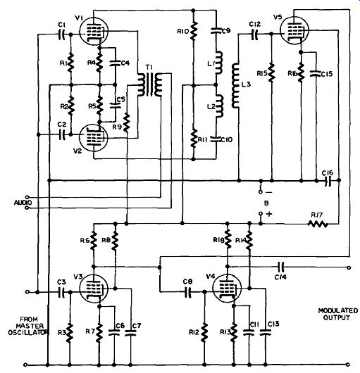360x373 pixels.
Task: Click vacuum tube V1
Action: [94, 32]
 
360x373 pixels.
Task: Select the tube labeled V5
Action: [294, 30]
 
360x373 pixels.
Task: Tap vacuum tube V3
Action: [93, 289]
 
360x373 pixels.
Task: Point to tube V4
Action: [227, 289]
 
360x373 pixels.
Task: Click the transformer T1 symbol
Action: [150, 84]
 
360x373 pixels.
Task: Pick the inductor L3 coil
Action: [235, 86]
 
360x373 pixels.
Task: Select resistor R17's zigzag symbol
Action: [318, 224]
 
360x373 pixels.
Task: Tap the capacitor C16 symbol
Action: [328, 181]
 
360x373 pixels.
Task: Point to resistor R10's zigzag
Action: [193, 31]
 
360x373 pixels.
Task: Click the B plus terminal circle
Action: [261, 214]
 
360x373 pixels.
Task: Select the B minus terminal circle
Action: [261, 191]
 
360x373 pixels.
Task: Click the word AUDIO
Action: [23, 203]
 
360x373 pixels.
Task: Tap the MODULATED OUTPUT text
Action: [338, 314]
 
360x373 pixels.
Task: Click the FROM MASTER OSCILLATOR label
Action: [28, 326]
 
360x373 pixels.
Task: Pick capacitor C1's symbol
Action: [61, 34]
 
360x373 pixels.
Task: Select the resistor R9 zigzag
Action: [127, 123]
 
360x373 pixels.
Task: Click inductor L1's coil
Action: [219, 63]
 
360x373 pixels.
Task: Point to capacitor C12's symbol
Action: [255, 34]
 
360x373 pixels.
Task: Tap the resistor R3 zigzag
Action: [70, 333]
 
